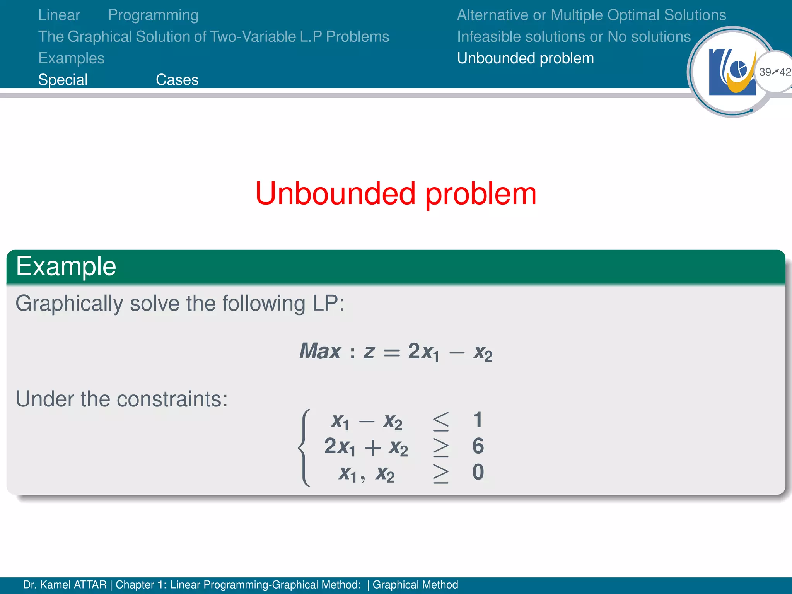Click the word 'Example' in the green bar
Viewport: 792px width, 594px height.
[66, 266]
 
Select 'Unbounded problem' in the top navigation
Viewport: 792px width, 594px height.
[525, 58]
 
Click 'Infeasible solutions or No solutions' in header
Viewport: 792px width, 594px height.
[574, 37]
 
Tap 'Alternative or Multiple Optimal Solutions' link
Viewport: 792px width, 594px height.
[591, 15]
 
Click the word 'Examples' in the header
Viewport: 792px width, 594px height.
[71, 58]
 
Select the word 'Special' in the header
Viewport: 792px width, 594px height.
[63, 80]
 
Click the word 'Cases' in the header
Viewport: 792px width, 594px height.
[177, 80]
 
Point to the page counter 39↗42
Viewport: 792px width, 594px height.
[775, 72]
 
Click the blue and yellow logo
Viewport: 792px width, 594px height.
[732, 72]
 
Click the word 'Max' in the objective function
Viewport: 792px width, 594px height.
[320, 351]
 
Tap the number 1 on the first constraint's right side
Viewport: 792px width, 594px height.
[478, 420]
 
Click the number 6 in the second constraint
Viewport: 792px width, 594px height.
[478, 446]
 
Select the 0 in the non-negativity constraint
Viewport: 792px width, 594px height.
[478, 472]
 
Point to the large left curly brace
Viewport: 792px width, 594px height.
[305, 447]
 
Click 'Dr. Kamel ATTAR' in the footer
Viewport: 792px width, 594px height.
[65, 585]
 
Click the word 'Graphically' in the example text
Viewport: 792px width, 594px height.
[69, 304]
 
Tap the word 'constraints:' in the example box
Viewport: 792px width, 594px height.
[172, 399]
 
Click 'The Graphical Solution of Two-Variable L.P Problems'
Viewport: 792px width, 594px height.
[213, 37]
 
